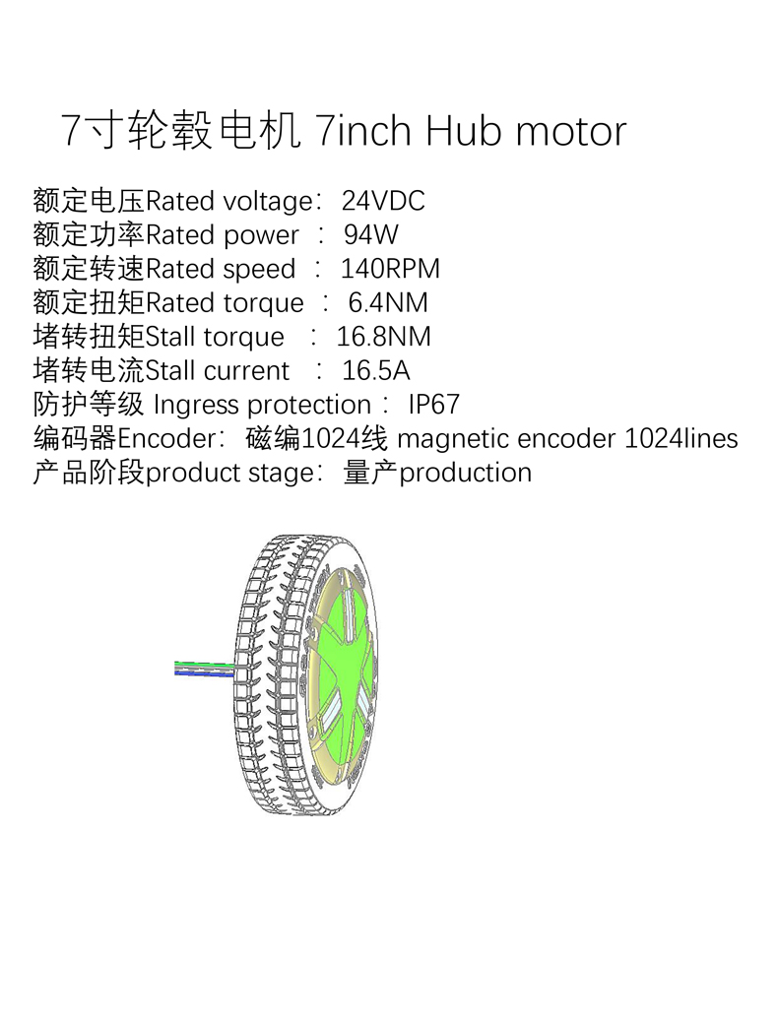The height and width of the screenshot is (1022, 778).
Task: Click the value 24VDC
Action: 383,202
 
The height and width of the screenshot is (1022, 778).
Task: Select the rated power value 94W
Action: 371,235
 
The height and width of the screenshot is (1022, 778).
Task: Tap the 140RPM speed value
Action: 390,269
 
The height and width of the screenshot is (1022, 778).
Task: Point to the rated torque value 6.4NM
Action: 389,302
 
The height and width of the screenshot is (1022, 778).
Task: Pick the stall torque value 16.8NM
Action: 384,337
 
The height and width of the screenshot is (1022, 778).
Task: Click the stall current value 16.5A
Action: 376,371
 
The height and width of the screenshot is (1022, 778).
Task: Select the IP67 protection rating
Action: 434,405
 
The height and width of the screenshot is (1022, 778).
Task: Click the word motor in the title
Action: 570,131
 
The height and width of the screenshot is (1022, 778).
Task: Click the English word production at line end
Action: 466,473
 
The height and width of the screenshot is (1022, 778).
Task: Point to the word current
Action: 246,371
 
